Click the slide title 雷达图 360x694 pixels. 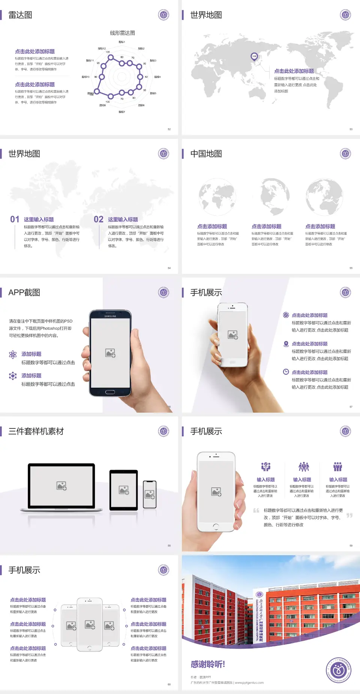(x=20, y=15)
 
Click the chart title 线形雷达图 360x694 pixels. (x=122, y=33)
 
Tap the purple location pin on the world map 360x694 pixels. (x=254, y=57)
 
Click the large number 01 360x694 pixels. (x=15, y=219)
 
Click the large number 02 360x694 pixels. (x=98, y=219)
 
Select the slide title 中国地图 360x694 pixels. (x=206, y=154)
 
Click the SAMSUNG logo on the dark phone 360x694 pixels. (x=110, y=316)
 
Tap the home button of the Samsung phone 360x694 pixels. (x=110, y=392)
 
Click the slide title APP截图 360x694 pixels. (x=24, y=293)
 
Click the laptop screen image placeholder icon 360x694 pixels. (x=61, y=486)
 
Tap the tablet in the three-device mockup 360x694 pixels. (x=124, y=490)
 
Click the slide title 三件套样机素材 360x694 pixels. (x=36, y=431)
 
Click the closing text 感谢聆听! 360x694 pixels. (x=208, y=664)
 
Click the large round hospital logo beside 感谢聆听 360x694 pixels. (x=338, y=670)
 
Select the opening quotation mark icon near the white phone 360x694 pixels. (x=256, y=511)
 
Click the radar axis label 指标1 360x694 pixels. (x=121, y=42)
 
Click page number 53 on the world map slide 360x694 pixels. (x=351, y=129)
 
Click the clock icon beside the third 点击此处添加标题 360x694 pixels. (x=286, y=372)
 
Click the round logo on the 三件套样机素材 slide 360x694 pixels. (x=163, y=431)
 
